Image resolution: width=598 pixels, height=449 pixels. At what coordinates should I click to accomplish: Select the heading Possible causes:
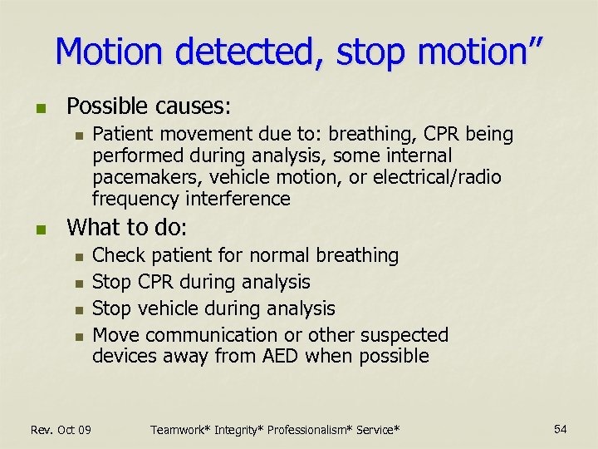pyautogui.click(x=149, y=106)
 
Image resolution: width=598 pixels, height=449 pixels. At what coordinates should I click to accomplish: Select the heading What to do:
pyautogui.click(x=126, y=227)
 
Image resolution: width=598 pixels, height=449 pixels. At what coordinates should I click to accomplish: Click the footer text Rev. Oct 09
pyautogui.click(x=61, y=429)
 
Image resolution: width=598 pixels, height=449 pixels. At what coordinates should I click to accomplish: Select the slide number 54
pyautogui.click(x=561, y=428)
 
